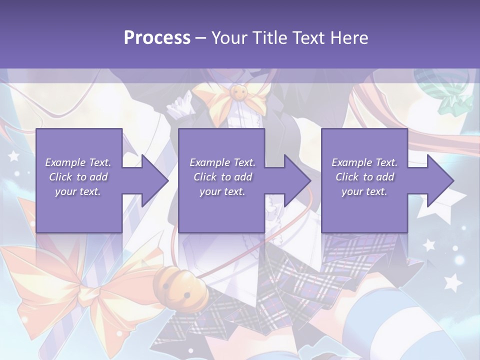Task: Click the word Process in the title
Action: click(157, 37)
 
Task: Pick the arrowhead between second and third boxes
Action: click(296, 180)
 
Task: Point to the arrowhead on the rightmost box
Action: click(439, 180)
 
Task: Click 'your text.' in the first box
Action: click(78, 191)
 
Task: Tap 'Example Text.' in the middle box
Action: click(222, 162)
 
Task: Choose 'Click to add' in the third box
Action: click(364, 177)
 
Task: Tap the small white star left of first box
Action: click(14, 156)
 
